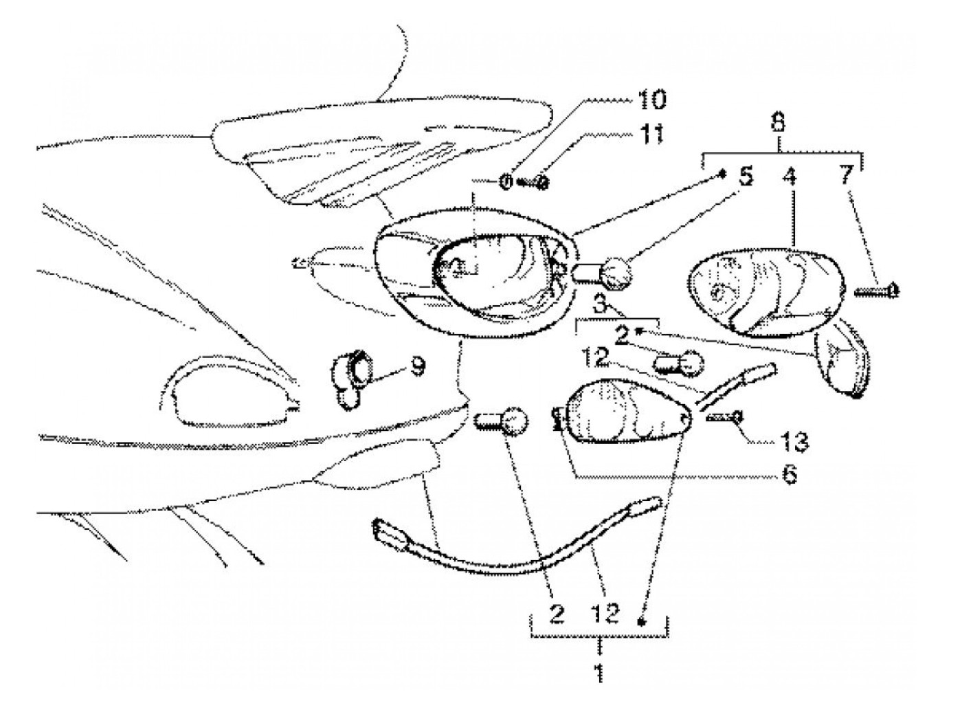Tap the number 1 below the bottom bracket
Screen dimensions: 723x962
600,671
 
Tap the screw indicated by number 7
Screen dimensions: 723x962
876,291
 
